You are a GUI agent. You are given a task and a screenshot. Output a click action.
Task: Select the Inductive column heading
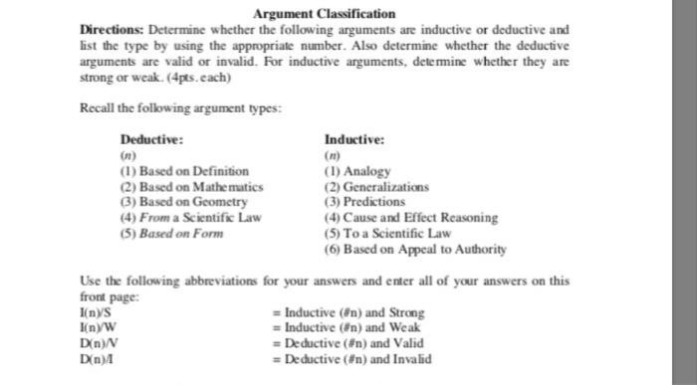348,140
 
